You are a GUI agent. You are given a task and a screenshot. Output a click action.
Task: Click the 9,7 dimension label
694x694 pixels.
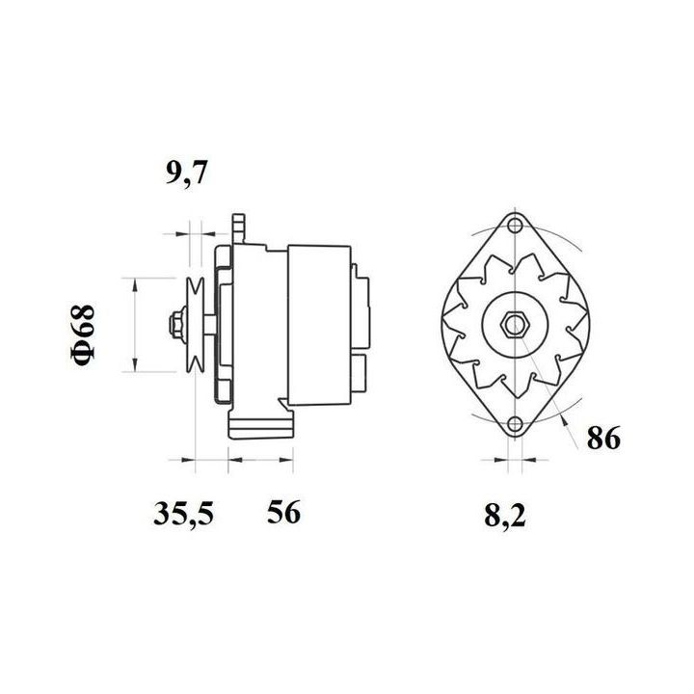coord(186,173)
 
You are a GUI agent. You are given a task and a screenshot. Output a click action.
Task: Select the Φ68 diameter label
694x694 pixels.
coord(83,335)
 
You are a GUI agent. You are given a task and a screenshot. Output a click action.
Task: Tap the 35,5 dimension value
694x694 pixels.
coord(184,514)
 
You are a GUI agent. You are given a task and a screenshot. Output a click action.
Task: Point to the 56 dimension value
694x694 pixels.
coord(283,512)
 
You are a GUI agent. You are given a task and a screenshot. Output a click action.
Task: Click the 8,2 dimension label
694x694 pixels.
coord(505,516)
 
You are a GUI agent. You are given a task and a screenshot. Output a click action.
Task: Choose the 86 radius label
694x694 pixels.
coord(603,438)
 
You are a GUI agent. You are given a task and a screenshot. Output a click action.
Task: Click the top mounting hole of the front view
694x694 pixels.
coord(515,226)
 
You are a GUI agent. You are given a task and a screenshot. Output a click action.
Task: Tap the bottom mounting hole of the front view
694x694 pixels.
coord(515,424)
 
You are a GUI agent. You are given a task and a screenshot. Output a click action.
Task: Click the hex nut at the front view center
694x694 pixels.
coord(515,325)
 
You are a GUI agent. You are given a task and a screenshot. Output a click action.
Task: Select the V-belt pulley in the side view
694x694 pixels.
coord(195,325)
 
